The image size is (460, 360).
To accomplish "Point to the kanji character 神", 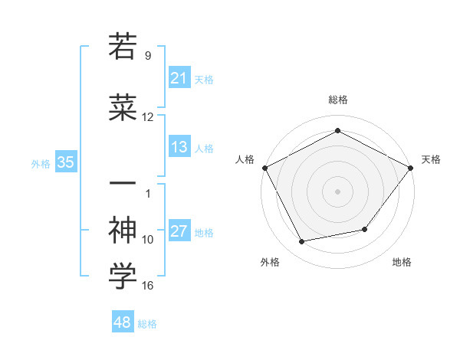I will [x=123, y=229].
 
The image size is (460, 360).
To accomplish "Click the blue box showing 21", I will [x=179, y=77].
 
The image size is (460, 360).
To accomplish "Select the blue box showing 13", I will [x=179, y=147].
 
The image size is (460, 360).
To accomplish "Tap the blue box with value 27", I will [x=179, y=231].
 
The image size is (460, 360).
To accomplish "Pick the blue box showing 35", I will [x=65, y=162].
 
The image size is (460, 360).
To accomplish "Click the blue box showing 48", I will [x=123, y=322].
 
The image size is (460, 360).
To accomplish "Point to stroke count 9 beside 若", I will [x=148, y=55].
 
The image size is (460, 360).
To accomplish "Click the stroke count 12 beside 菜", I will [x=148, y=117].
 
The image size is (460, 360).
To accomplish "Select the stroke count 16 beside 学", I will [x=148, y=286].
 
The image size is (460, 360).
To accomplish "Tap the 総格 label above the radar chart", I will [x=337, y=100].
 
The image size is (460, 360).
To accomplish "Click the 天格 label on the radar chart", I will [x=431, y=159].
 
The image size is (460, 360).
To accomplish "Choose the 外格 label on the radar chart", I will [x=270, y=263].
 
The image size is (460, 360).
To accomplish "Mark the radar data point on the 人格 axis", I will [x=264, y=167].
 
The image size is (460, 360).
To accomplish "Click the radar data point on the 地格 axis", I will [x=365, y=229].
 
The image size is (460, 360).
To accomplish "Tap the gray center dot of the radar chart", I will [x=337, y=191].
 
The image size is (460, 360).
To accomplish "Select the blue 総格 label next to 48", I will [x=147, y=324].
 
